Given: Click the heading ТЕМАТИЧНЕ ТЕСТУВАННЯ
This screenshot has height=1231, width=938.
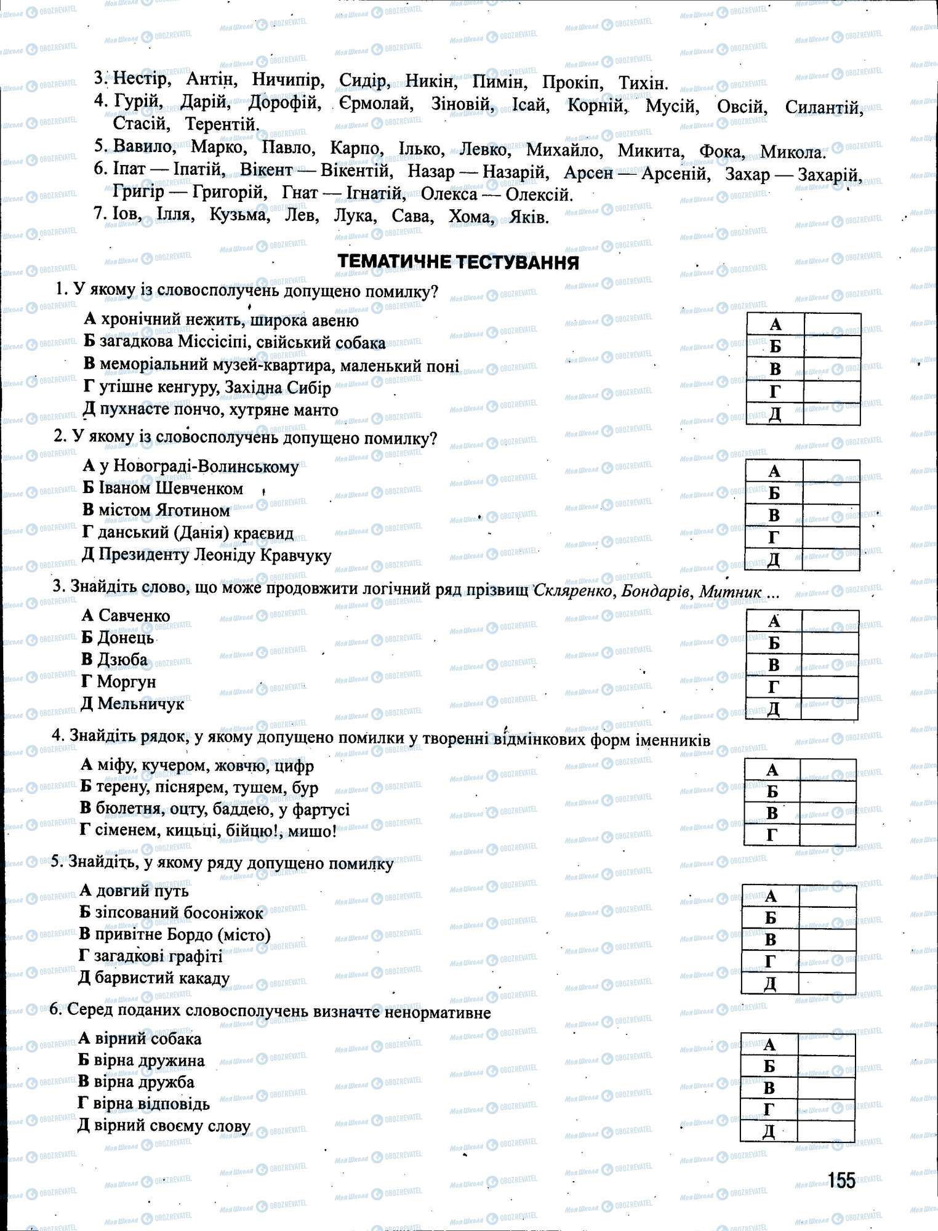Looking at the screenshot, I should click(458, 263).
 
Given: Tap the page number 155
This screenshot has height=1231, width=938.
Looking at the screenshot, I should click(841, 1180).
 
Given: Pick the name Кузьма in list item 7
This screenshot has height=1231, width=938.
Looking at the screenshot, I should click(239, 215).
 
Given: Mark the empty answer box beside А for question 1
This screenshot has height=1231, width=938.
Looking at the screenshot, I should click(832, 324).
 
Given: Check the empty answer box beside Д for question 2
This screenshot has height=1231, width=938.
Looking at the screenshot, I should click(831, 559).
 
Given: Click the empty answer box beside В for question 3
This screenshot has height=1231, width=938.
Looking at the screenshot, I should click(830, 665).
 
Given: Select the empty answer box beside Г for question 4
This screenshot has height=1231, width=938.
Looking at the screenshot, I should click(828, 835).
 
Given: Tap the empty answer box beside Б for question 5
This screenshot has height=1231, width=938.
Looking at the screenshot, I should click(827, 918).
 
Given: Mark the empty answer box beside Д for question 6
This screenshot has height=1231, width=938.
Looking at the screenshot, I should click(826, 1131).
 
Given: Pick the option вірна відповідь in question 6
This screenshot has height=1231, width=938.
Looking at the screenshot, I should click(152, 1104).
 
